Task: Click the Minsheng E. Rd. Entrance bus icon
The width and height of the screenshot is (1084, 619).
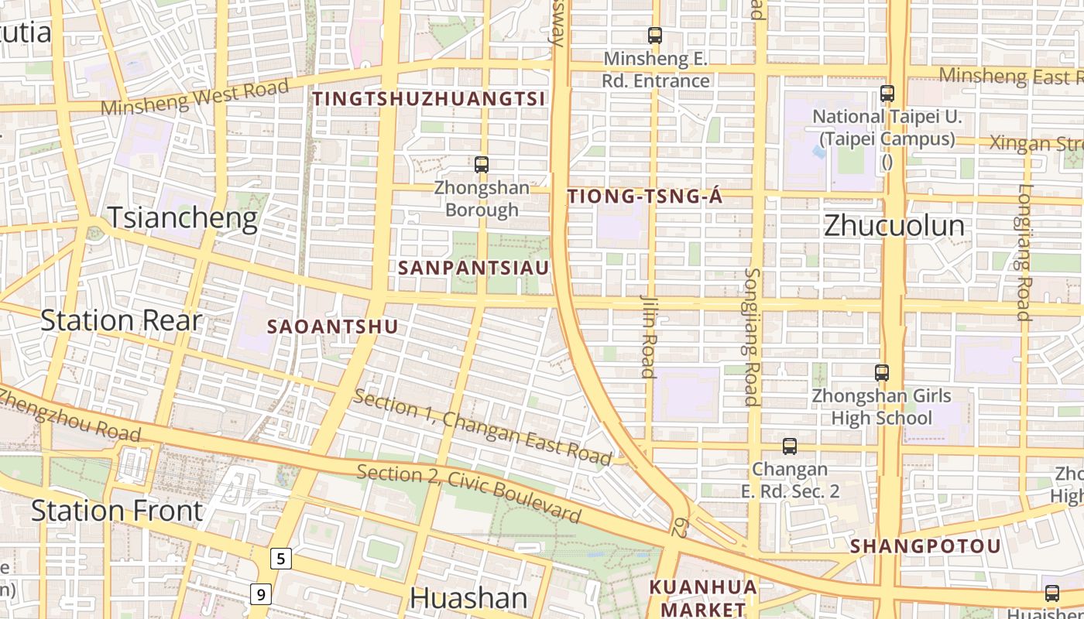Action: [x=654, y=35]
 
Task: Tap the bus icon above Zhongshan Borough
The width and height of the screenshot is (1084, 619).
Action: [x=481, y=164]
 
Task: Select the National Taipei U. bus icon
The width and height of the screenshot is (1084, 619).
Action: [x=887, y=94]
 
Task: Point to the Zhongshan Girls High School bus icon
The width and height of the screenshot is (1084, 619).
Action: [x=881, y=373]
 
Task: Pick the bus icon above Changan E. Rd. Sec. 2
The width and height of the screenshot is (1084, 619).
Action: [x=789, y=446]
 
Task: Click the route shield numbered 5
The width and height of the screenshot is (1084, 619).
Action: [x=280, y=558]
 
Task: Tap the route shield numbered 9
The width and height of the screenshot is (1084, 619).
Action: [x=261, y=594]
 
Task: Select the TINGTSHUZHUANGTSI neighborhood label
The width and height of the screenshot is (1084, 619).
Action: [x=429, y=99]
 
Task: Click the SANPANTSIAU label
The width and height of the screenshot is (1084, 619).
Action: [x=473, y=268]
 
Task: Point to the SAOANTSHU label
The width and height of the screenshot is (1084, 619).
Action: [x=332, y=327]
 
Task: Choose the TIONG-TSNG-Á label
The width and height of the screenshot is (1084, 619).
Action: [x=645, y=197]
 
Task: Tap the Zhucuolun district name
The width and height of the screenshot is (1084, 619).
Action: [x=894, y=226]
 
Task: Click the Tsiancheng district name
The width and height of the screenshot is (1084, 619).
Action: [x=182, y=218]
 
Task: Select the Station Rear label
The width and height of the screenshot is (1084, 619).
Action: [x=120, y=320]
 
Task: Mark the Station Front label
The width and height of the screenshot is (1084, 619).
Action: [x=117, y=511]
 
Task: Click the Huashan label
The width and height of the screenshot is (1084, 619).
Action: [x=468, y=597]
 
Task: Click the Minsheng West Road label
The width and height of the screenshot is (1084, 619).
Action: [x=194, y=97]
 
